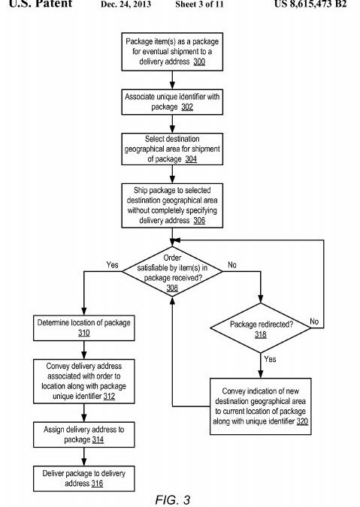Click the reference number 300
coord(199,62)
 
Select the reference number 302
coord(187,107)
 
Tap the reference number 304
coord(191,158)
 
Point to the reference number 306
coord(199,220)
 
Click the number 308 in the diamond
coord(172,288)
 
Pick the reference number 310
coord(83,333)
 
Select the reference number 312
coord(109,396)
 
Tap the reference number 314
coord(98,439)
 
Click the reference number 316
coord(97,484)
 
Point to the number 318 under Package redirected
coord(260,334)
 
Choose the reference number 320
coord(302,421)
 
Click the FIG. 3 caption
coord(172,499)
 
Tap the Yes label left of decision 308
coord(112,265)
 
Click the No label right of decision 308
coord(232,265)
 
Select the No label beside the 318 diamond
coord(314,321)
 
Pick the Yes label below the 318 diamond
coord(270,359)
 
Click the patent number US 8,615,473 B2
coord(310,5)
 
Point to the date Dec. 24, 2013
coord(126,5)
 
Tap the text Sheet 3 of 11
coord(199,5)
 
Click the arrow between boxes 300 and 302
coord(172,80)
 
